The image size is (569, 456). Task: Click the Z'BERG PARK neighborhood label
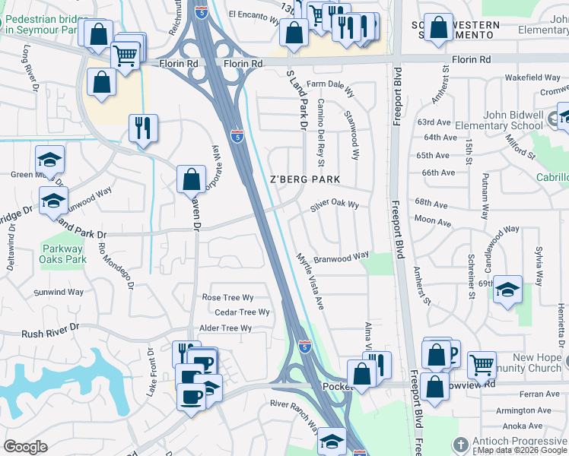point(304,179)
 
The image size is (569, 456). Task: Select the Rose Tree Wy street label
point(227,297)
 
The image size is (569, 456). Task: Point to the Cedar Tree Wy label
point(242,312)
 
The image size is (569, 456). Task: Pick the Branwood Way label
point(342,257)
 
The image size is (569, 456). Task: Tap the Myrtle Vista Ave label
point(310,281)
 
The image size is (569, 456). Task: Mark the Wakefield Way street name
point(532,78)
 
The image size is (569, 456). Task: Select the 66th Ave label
point(438,173)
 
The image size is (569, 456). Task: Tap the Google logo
point(25,447)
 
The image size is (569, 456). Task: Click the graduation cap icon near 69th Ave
point(507,290)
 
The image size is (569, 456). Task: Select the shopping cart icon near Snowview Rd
point(482,364)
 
